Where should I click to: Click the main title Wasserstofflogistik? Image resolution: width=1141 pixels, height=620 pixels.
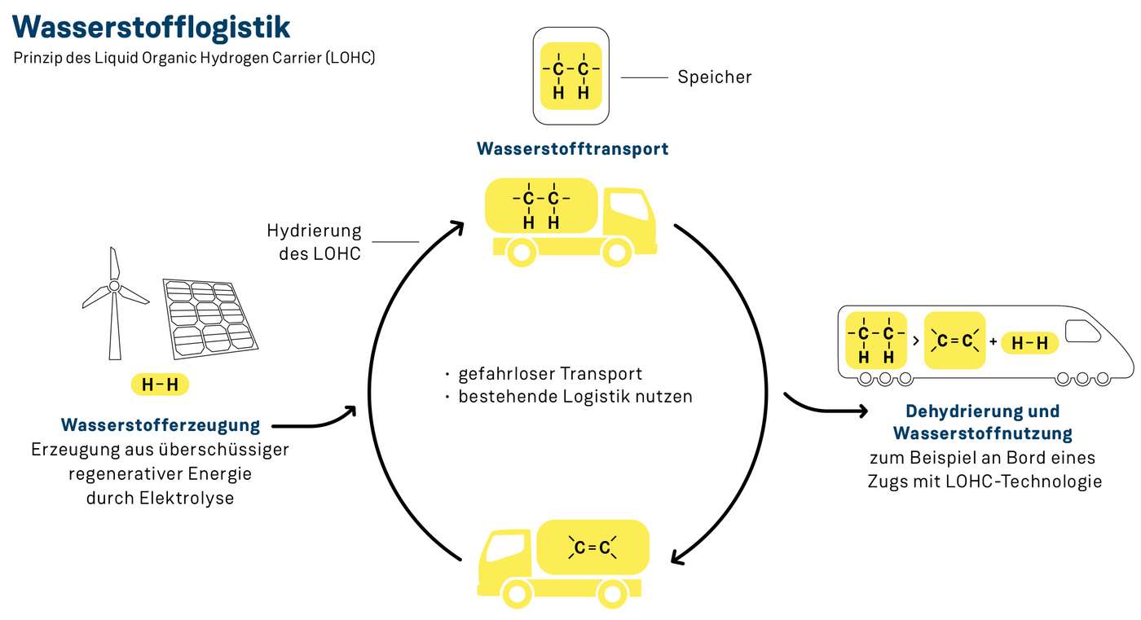[x=152, y=27]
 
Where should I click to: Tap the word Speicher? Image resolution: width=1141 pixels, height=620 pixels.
[x=714, y=77]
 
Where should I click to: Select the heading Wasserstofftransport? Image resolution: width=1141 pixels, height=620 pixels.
[x=572, y=149]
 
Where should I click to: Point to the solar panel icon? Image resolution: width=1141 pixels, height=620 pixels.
[x=211, y=318]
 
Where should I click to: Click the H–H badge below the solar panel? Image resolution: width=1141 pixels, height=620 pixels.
[x=160, y=385]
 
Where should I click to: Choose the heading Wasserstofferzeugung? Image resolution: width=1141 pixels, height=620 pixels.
[x=161, y=425]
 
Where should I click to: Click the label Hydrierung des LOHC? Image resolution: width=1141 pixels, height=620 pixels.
[x=314, y=242]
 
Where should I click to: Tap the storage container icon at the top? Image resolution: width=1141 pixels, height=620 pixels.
[x=570, y=76]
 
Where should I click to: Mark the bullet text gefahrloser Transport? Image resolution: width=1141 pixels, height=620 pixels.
[x=550, y=374]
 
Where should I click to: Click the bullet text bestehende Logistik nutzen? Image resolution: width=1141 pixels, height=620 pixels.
[x=575, y=397]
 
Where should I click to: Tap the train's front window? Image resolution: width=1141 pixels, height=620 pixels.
[x=1082, y=331]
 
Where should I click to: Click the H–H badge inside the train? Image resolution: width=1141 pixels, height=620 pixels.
[x=1029, y=343]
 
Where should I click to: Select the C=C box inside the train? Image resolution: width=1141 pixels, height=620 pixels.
[x=954, y=341]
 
